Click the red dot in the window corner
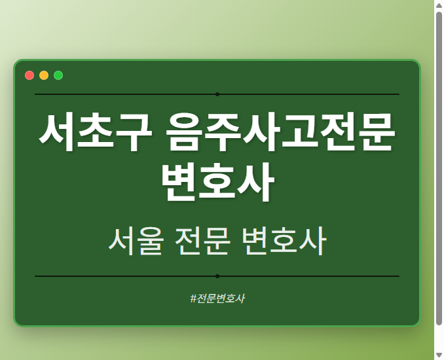(29, 75)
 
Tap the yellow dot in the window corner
(44, 75)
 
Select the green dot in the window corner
(58, 75)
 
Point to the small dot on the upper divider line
(217, 94)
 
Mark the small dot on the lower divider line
(217, 276)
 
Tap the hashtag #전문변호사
(217, 298)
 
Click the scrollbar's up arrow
(439, 5)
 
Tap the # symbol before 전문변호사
(193, 298)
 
